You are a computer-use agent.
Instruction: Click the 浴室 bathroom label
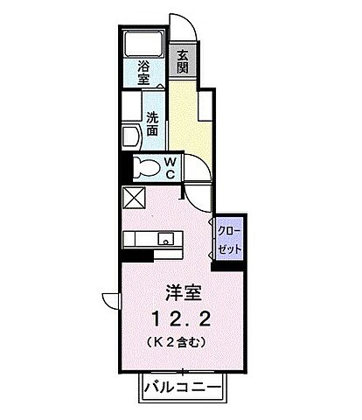pyautogui.click(x=143, y=72)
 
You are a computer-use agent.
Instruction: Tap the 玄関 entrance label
pyautogui.click(x=183, y=62)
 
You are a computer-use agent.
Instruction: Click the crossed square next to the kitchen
pyautogui.click(x=136, y=198)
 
